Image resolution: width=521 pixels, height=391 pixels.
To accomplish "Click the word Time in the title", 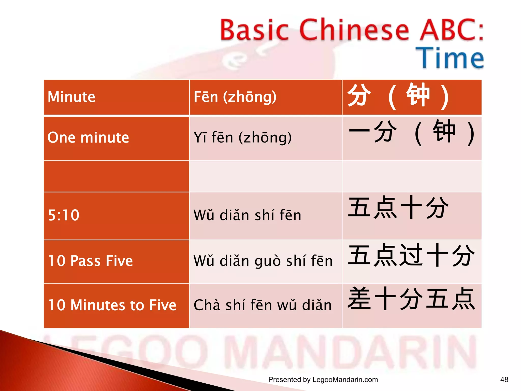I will [450, 58].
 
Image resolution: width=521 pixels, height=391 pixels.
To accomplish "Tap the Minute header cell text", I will [71, 97].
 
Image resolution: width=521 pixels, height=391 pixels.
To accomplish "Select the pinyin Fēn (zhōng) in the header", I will [235, 97].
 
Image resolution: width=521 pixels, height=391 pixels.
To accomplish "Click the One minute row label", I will [88, 138].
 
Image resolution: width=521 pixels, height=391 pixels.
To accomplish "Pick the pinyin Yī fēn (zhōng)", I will [242, 138].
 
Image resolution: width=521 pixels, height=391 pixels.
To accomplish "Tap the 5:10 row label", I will [64, 215].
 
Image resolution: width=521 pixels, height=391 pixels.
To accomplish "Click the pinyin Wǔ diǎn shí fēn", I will [247, 215].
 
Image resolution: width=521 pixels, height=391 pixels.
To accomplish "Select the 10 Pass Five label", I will [91, 261].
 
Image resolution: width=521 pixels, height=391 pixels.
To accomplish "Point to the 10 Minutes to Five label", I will [112, 305].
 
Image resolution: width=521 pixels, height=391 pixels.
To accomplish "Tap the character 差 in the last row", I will [359, 298].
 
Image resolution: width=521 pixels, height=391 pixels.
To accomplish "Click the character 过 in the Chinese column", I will [411, 255].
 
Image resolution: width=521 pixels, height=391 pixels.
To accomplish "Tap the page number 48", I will [504, 380].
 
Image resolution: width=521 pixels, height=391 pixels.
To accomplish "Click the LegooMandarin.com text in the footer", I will [345, 380].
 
